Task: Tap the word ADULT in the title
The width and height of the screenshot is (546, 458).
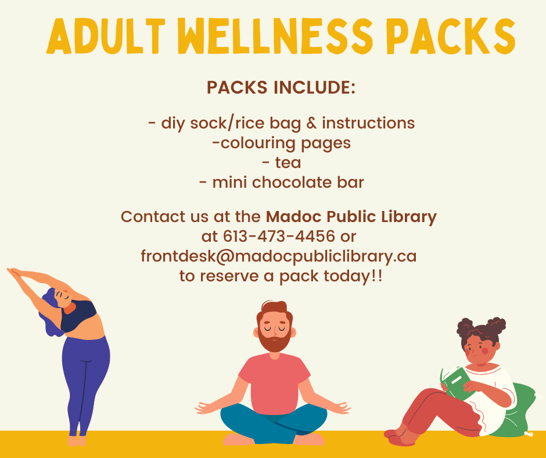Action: [106, 36]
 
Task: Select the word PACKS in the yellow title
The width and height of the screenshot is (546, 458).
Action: [451, 36]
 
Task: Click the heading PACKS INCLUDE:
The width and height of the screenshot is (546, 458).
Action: [281, 87]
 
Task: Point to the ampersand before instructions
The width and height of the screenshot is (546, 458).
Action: [312, 123]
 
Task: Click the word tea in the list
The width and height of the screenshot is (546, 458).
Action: [288, 163]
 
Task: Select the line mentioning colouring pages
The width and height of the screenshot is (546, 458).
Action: [281, 143]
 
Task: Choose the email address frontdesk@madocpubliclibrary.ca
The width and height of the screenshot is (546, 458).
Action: [279, 256]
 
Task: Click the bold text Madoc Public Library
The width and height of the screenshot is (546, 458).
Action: [351, 217]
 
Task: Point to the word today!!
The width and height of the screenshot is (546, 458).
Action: [353, 276]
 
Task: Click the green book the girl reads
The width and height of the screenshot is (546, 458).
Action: [456, 382]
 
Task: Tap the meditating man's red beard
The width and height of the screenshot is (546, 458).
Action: [274, 339]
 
